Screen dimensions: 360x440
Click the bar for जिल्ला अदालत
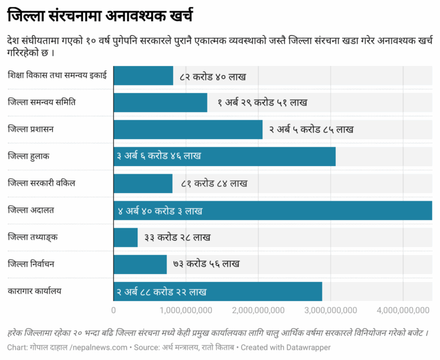(x=273, y=210)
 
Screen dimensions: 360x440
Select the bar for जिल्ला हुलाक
(x=225, y=156)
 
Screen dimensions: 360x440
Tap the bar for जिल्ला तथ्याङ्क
(x=126, y=237)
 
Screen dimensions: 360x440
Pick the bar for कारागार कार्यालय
(x=218, y=291)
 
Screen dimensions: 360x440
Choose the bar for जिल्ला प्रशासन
(x=188, y=130)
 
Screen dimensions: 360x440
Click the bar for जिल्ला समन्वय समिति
(x=160, y=103)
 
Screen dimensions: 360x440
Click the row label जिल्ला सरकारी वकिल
(x=42, y=183)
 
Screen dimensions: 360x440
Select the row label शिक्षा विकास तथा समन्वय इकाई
(x=57, y=75)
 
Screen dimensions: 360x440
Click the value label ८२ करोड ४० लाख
(x=213, y=76)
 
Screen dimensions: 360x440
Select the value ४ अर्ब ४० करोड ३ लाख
(x=160, y=211)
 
